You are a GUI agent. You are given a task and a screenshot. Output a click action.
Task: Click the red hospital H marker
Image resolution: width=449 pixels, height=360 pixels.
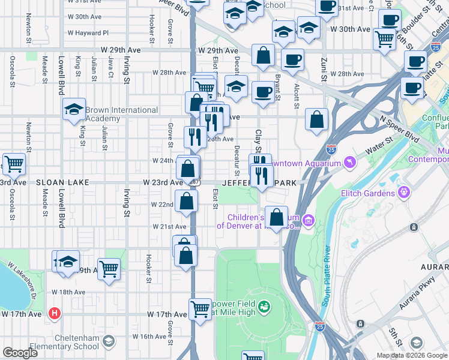pos(55,313)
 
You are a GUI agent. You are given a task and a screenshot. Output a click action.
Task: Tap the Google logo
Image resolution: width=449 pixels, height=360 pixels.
pos(20,353)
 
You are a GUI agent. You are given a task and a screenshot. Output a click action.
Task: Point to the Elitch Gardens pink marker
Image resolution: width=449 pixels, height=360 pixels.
pos(405,193)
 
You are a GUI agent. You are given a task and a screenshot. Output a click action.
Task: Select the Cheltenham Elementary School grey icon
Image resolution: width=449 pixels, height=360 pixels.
pos(109,342)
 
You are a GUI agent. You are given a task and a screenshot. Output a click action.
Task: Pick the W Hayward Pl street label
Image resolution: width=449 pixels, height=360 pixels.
pos(88,33)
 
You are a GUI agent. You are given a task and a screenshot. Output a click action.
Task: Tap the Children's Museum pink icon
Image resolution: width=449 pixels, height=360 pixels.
pos(309,221)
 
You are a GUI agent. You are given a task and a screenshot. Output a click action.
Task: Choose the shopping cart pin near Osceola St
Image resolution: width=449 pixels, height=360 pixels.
pos(14,163)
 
